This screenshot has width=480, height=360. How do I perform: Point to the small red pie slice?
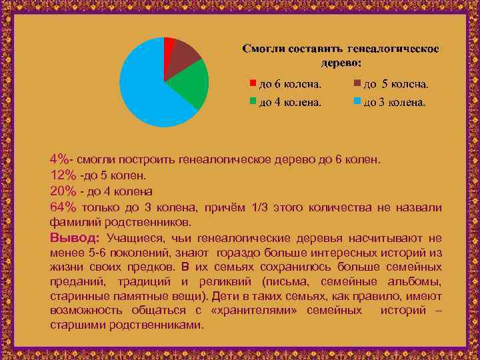click(169, 43)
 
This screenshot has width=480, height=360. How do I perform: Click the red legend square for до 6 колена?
click(253, 83)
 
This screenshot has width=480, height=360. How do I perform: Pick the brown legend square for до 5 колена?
click(357, 83)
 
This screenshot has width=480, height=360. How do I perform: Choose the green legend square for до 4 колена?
click(253, 101)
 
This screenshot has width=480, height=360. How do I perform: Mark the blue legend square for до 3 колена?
click(357, 101)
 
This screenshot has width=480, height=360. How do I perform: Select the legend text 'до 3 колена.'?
click(394, 103)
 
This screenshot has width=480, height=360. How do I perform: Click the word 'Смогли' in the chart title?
click(263, 49)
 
